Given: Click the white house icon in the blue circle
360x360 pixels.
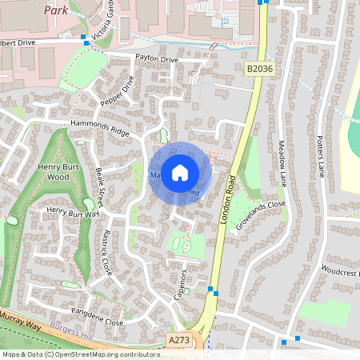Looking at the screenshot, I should tap(180, 172).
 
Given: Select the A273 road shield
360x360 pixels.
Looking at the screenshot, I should tap(180, 341).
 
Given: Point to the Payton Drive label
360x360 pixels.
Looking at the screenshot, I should tap(156, 59).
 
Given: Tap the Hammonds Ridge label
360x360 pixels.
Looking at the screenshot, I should tap(99, 127).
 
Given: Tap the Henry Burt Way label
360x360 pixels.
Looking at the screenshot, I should tap(72, 212).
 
